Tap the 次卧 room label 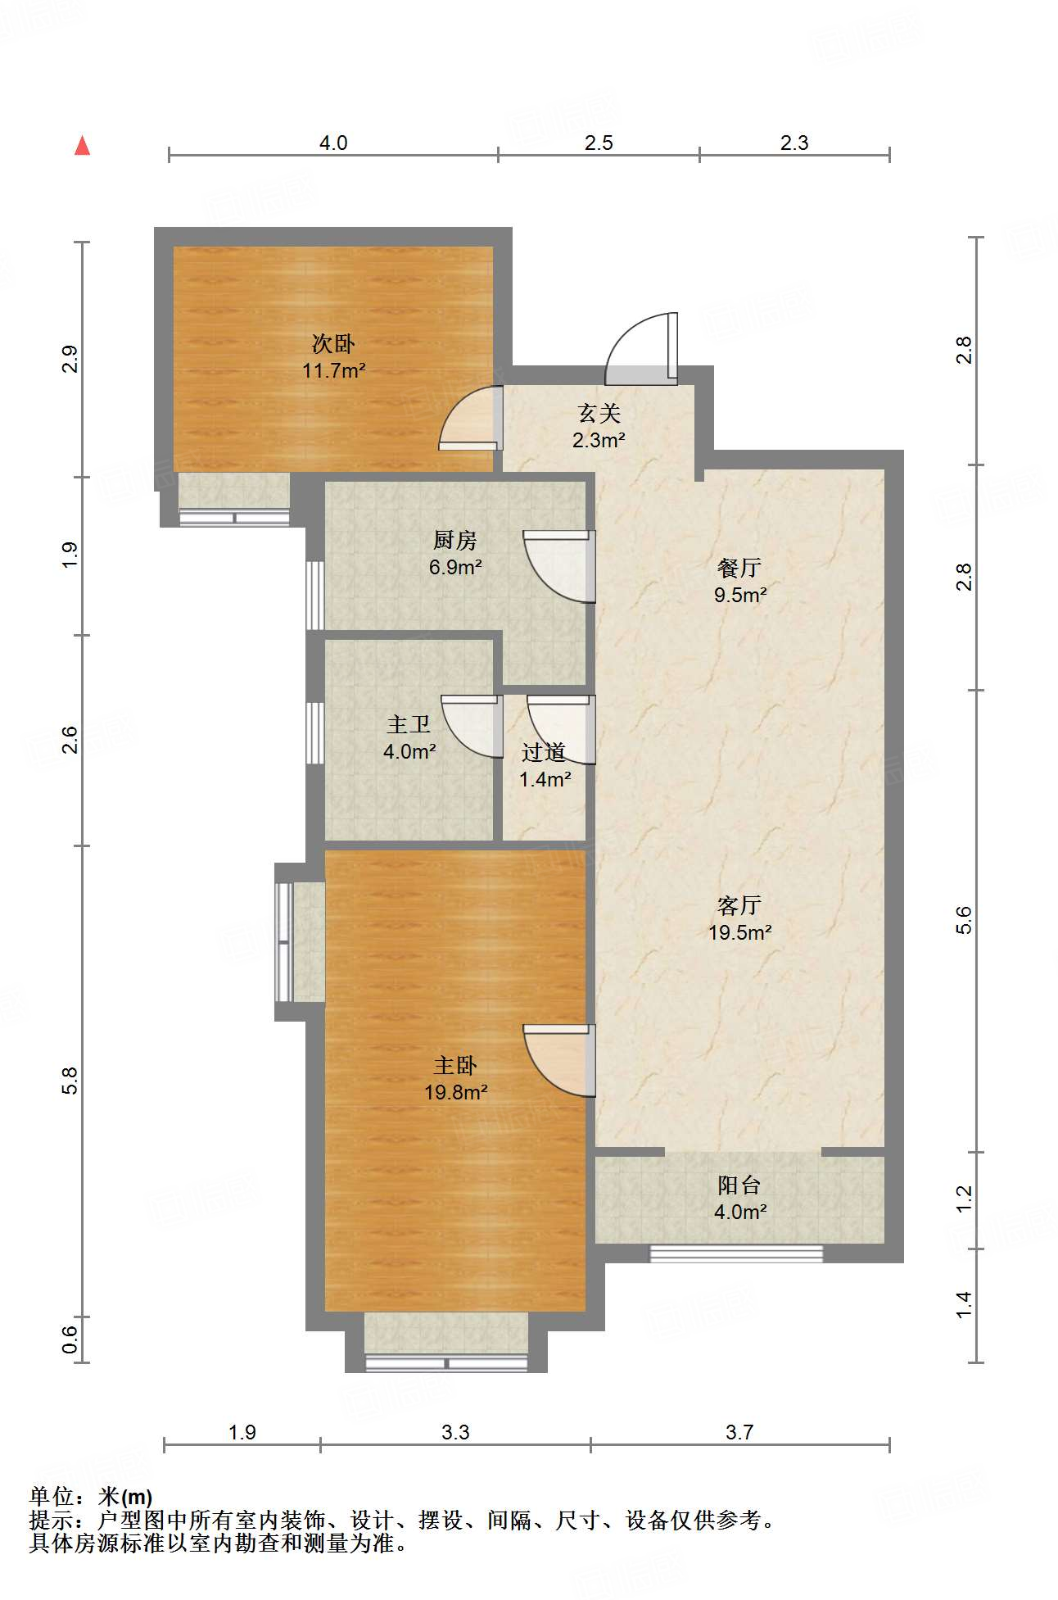tap(333, 344)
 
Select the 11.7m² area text tap(333, 371)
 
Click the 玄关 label tap(599, 413)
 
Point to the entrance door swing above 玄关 tap(642, 349)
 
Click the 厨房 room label tap(454, 540)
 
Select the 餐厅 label tap(739, 568)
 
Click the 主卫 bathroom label tap(409, 724)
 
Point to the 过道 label tap(544, 751)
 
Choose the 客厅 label tap(739, 905)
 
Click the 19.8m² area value tap(456, 1092)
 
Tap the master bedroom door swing tap(559, 1060)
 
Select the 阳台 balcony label tap(739, 1185)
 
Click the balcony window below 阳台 tap(736, 1253)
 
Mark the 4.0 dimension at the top tap(333, 143)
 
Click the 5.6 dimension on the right tap(964, 920)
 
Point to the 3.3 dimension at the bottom tap(455, 1431)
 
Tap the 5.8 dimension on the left tap(70, 1081)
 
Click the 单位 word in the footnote tap(51, 1497)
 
